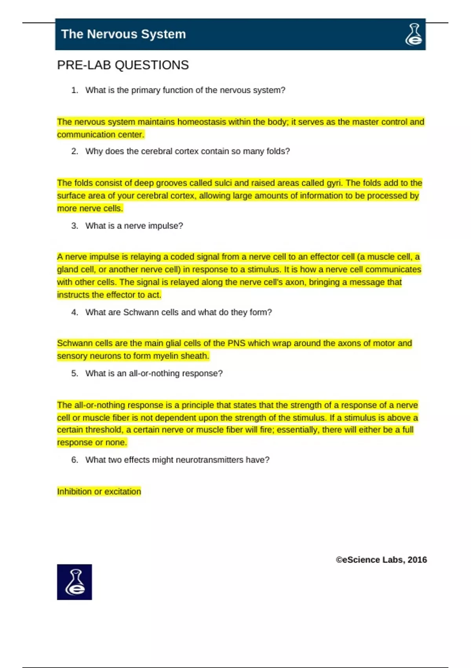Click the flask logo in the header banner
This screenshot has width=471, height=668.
point(414,35)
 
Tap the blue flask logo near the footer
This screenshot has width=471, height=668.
point(75,582)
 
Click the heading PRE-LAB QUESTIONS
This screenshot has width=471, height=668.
point(123,65)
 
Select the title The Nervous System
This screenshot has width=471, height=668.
point(123,34)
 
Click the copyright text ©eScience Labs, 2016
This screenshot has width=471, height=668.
point(381,560)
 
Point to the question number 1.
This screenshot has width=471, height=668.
point(75,90)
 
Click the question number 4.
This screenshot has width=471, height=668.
point(75,312)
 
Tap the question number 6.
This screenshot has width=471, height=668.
point(75,460)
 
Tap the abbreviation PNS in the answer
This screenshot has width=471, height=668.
point(236,343)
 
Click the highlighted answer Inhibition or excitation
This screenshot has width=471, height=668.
point(99,492)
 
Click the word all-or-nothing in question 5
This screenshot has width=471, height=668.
point(153,373)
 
